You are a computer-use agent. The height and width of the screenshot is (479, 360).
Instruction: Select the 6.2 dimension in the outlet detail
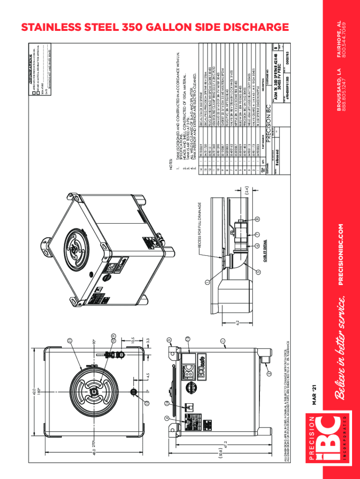238,322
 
